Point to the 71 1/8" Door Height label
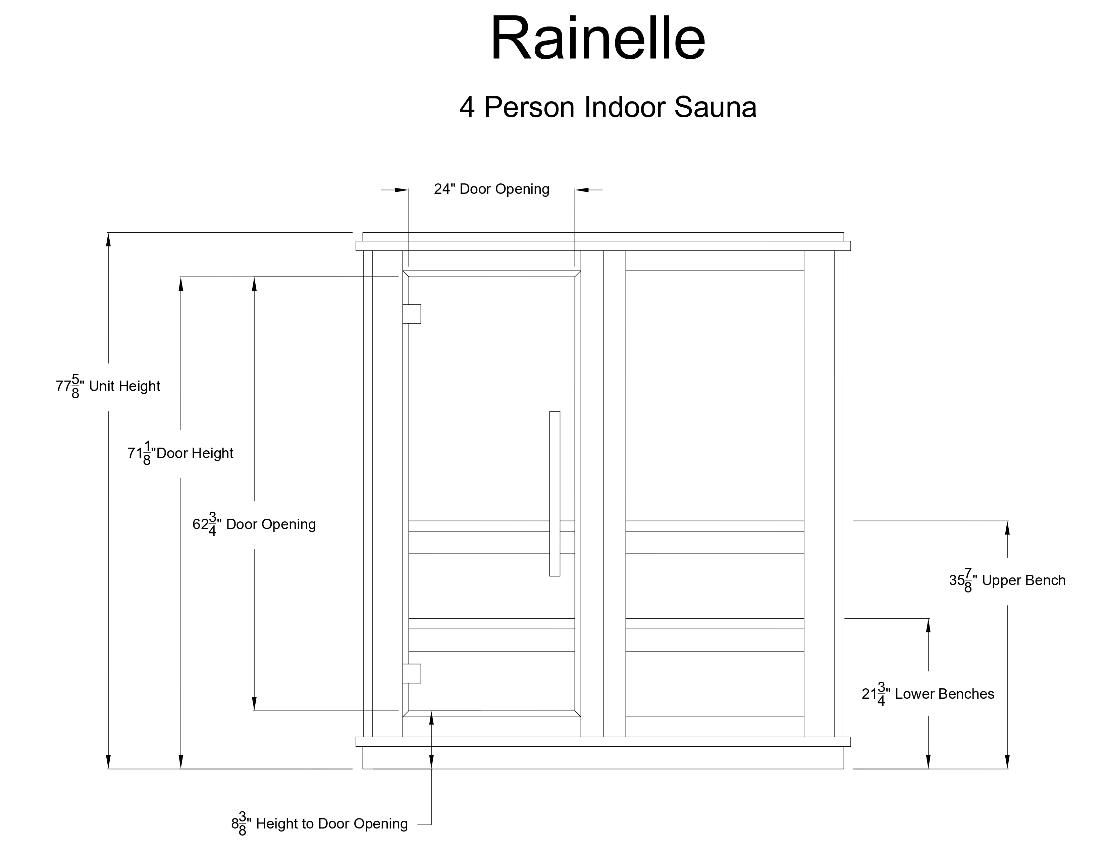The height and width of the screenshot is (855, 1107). [x=180, y=453]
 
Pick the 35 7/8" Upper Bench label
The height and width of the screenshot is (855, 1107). [x=1007, y=580]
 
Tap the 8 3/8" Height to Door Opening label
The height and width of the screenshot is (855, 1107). [x=319, y=824]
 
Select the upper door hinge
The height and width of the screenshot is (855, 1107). [x=412, y=313]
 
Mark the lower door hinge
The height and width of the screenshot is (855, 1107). [x=412, y=674]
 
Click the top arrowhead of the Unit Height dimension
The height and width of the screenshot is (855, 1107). [x=108, y=239]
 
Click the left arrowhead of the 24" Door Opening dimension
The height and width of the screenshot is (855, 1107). [x=402, y=190]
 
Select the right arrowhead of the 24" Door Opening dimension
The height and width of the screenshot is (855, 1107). [x=581, y=190]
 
